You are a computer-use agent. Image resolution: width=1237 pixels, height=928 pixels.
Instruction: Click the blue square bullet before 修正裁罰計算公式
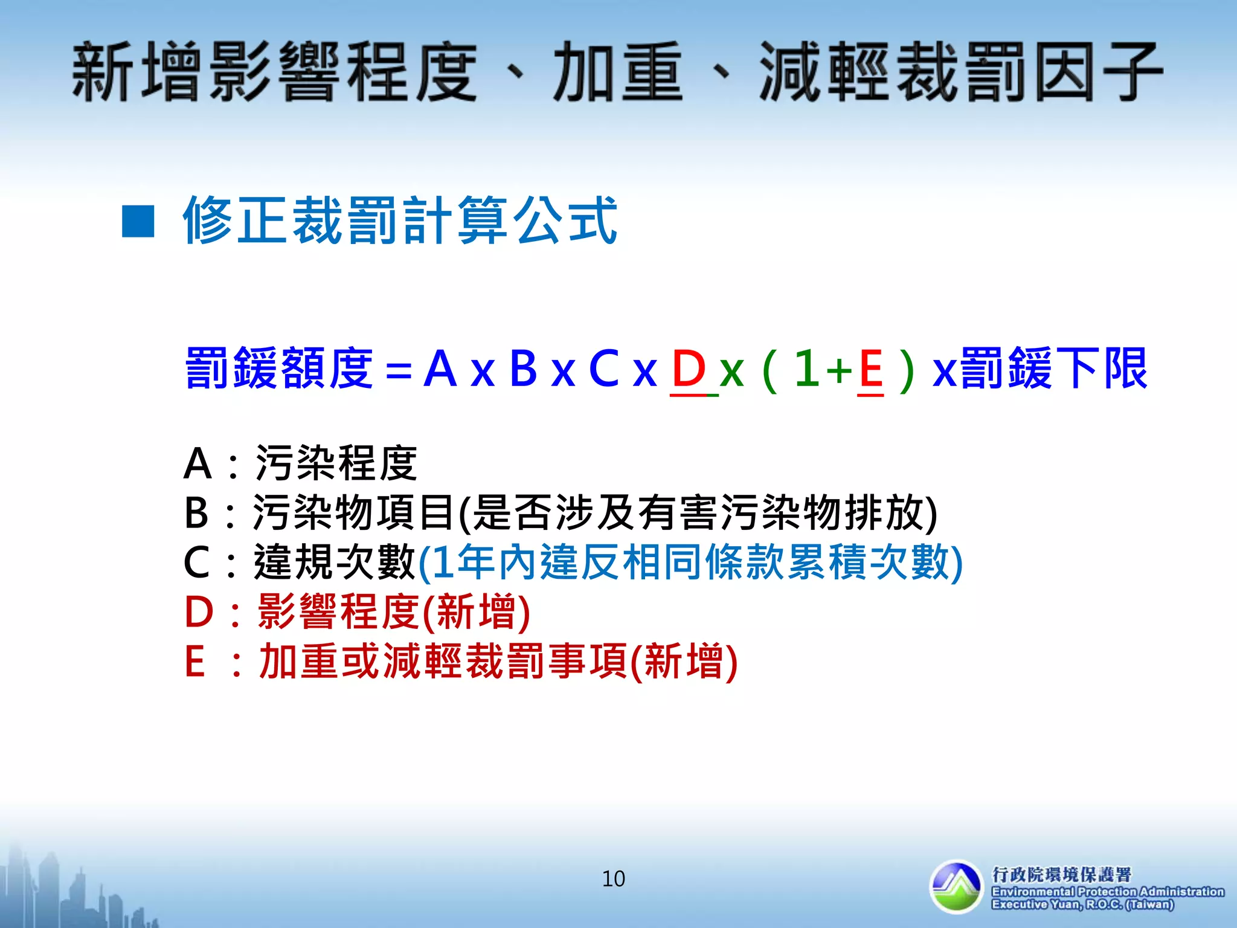(x=138, y=222)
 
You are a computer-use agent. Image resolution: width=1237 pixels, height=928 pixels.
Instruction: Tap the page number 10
(x=613, y=878)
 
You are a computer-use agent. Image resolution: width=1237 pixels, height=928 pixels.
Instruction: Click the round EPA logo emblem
(x=957, y=886)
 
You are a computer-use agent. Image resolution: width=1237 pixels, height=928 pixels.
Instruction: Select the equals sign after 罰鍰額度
(x=399, y=370)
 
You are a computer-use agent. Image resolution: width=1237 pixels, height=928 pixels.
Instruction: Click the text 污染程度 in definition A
(x=336, y=463)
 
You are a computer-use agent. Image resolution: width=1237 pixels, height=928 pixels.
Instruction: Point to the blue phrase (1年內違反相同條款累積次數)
(x=690, y=562)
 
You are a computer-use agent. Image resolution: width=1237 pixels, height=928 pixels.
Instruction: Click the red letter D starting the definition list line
(x=199, y=612)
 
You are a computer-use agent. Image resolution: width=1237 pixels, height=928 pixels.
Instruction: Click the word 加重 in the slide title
(x=618, y=72)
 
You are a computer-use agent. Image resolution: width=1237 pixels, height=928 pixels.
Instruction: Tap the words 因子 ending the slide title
(x=1098, y=72)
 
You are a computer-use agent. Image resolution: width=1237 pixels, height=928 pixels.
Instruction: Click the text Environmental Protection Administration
(x=1107, y=892)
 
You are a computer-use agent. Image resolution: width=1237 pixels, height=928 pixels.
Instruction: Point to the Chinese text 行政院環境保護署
(x=1061, y=874)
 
